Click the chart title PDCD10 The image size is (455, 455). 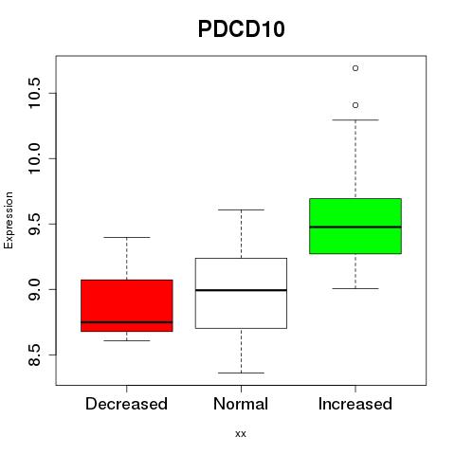point(242,29)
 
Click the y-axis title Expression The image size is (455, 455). point(9,220)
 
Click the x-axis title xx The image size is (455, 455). point(241,433)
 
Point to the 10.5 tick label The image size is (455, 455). point(34,93)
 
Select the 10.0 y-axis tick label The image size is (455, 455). point(34,158)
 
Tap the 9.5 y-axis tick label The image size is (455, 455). point(34,224)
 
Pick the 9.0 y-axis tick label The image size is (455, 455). point(34,289)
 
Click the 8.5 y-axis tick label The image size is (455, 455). point(34,355)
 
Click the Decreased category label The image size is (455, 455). point(126,404)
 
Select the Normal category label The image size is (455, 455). point(241,404)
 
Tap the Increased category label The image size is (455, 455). point(355,404)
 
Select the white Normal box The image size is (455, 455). point(241,293)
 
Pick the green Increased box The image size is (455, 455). point(355,226)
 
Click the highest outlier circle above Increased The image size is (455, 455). point(355,68)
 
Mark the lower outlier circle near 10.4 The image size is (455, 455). point(355,105)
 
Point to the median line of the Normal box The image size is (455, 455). point(241,290)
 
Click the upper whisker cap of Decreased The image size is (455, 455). point(127,237)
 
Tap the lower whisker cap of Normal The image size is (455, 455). point(241,373)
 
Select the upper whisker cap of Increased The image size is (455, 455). point(355,120)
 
